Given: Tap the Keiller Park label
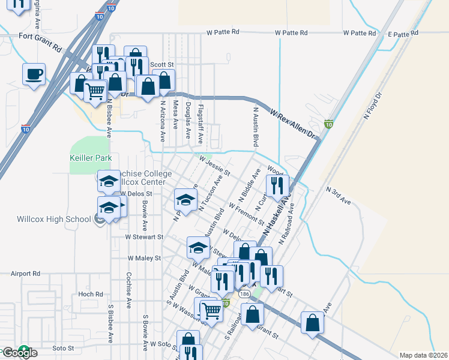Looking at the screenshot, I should click(x=90, y=158).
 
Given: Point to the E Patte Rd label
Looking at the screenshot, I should click(x=403, y=34).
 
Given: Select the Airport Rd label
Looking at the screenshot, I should click(x=25, y=273).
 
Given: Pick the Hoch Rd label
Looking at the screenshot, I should click(x=91, y=295).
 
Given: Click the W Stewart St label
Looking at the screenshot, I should click(x=144, y=237).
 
